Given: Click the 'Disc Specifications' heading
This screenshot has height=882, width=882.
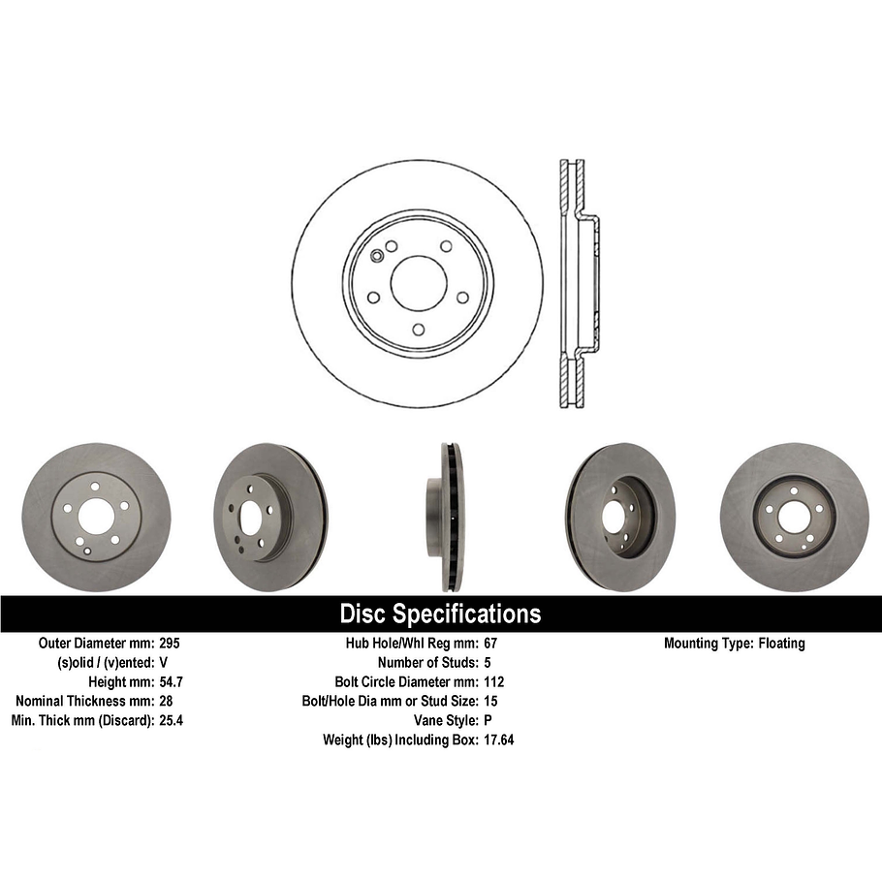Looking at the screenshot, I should [x=440, y=614].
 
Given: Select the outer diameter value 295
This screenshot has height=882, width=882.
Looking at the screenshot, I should [x=169, y=643].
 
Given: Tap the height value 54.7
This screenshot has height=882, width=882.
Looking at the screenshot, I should [x=171, y=681].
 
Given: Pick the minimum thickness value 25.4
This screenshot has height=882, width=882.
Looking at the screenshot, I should [x=171, y=720].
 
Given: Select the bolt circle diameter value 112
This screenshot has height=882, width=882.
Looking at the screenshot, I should [x=493, y=681].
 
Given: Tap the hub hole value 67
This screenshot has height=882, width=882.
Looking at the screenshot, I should [x=489, y=643].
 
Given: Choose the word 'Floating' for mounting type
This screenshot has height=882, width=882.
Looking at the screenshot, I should [x=781, y=643].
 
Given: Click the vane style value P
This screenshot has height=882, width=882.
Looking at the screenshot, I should [x=487, y=720].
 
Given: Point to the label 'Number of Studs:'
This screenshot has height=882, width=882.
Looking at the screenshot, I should [x=425, y=662].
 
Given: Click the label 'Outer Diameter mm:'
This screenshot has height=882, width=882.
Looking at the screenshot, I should [x=96, y=643].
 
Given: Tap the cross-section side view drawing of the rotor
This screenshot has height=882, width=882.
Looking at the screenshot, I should [x=578, y=283].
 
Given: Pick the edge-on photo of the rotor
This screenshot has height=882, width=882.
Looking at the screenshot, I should [x=449, y=517].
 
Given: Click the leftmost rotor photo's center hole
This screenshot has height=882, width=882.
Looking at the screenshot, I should [x=94, y=518].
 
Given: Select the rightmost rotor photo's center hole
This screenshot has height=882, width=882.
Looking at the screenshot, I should [x=794, y=518].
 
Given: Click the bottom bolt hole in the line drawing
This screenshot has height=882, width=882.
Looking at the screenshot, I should [x=418, y=331].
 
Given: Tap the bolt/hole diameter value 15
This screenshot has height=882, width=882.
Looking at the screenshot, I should [x=489, y=701].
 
